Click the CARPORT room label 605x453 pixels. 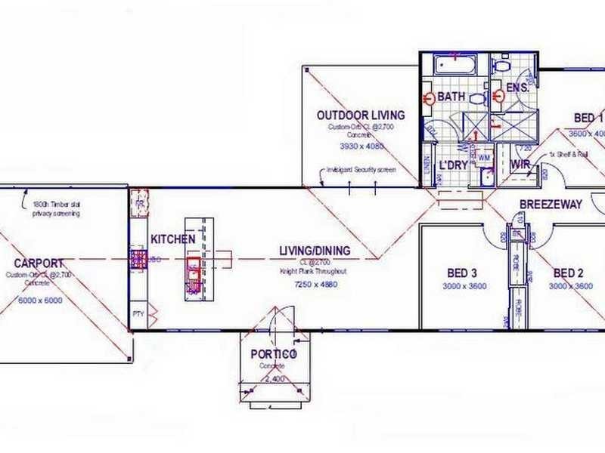coord(37,263)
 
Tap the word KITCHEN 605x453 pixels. coord(173,239)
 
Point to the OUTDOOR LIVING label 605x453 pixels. coord(361,116)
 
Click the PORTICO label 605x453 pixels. coord(273,354)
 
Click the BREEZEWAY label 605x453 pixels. coord(550,205)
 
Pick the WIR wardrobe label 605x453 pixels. coord(520,164)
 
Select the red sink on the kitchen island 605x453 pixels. coord(194,266)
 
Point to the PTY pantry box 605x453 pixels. coord(138,313)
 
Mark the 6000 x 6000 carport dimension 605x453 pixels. coord(37,300)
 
